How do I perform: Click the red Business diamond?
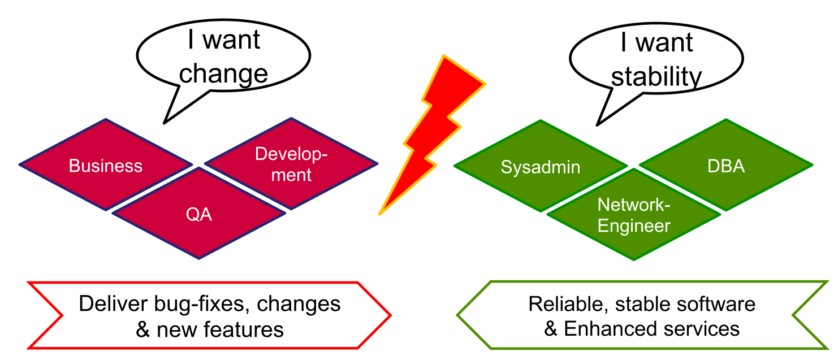click(106, 166)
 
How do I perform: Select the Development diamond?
click(291, 164)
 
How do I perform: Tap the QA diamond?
click(199, 214)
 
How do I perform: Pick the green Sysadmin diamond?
click(541, 167)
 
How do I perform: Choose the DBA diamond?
click(726, 166)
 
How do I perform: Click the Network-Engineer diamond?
click(634, 215)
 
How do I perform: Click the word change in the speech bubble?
click(226, 74)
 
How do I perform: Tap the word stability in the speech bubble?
click(656, 77)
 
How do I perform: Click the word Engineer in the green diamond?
click(634, 226)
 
